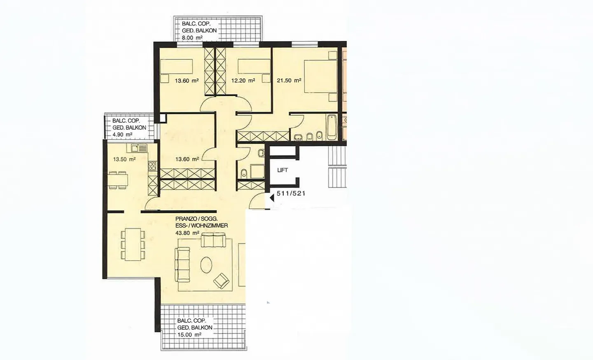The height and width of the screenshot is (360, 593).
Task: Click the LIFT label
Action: coord(282,170)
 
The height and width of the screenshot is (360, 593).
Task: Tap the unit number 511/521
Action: coord(291,193)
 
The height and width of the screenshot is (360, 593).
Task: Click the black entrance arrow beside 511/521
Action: coord(272,198)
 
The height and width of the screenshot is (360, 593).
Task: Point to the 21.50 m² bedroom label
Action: coord(289,80)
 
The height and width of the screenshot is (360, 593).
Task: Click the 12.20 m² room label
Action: coord(243,81)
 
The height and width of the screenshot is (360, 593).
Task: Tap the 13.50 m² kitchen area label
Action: coord(124,159)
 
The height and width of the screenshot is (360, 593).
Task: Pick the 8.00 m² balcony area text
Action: coord(192,38)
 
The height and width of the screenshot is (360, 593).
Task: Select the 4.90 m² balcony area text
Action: coord(122,135)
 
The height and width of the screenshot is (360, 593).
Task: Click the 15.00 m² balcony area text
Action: coord(189,335)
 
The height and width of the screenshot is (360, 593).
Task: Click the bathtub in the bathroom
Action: coord(331,127)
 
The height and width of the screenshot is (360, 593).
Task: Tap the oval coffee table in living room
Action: coord(206,264)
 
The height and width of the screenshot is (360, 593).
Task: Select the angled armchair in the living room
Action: coord(222,281)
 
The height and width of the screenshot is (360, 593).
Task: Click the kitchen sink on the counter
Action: coord(139,148)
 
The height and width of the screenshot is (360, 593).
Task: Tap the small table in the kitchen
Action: coord(118,180)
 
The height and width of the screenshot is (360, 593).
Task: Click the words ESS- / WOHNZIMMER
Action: coord(201,226)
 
